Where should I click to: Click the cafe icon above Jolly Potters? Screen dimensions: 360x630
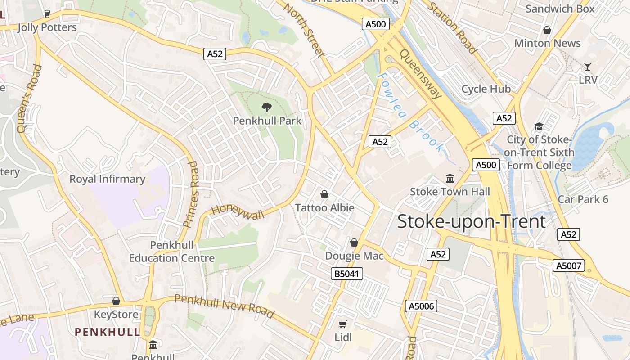pyautogui.click(x=47, y=13)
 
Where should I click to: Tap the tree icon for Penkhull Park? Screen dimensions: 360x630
pyautogui.click(x=267, y=107)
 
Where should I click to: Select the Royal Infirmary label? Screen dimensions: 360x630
pyautogui.click(x=107, y=179)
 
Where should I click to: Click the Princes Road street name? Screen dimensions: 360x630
pyautogui.click(x=191, y=194)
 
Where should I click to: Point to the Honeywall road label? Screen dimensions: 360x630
pyautogui.click(x=238, y=210)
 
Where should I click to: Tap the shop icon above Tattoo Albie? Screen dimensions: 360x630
pyautogui.click(x=324, y=194)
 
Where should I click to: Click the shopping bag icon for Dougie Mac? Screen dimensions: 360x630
pyautogui.click(x=354, y=243)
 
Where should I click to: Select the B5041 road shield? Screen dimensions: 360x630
pyautogui.click(x=346, y=273)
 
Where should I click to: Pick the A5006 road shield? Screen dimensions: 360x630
pyautogui.click(x=421, y=306)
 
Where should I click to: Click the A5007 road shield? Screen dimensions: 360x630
pyautogui.click(x=569, y=266)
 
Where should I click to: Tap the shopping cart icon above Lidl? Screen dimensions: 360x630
pyautogui.click(x=343, y=324)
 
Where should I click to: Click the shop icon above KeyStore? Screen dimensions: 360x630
pyautogui.click(x=116, y=301)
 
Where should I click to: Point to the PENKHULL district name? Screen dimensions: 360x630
pyautogui.click(x=108, y=332)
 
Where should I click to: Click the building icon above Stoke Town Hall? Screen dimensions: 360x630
pyautogui.click(x=450, y=178)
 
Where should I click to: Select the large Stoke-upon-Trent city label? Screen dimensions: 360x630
pyautogui.click(x=472, y=221)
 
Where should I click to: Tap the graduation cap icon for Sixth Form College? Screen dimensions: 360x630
pyautogui.click(x=539, y=126)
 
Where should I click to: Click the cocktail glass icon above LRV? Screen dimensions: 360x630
pyautogui.click(x=588, y=67)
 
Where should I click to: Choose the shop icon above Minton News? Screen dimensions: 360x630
pyautogui.click(x=547, y=30)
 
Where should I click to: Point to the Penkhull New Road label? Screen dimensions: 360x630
pyautogui.click(x=224, y=306)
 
